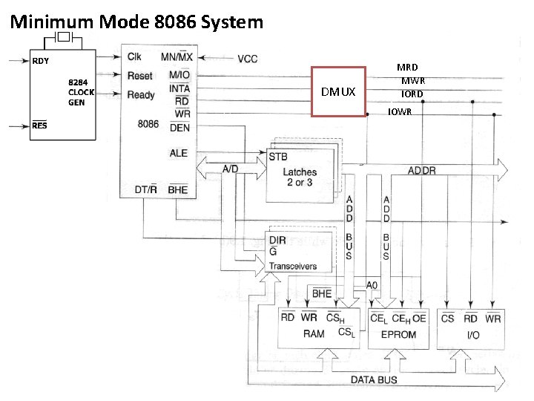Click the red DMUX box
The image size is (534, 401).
[338, 92]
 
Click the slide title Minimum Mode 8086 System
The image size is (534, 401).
[136, 22]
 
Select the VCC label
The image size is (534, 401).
[248, 59]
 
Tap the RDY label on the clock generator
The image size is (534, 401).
[40, 61]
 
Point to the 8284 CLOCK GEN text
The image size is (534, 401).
[81, 93]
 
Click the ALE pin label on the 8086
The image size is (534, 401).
[179, 153]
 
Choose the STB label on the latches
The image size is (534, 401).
[279, 157]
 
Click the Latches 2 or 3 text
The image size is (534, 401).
[300, 177]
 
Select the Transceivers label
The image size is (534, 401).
[292, 266]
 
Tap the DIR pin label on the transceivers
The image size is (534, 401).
[277, 241]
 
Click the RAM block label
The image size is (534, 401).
[314, 334]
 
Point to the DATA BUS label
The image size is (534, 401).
[373, 379]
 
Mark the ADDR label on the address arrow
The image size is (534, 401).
[422, 171]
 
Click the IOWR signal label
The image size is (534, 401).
[400, 112]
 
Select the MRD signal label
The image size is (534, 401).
[407, 68]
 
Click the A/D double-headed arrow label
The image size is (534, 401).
[231, 169]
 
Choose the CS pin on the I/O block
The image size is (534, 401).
[447, 319]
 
